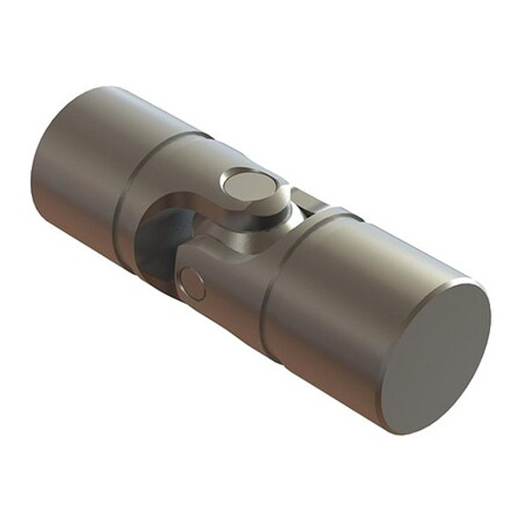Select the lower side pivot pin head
pyautogui.click(x=192, y=284)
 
